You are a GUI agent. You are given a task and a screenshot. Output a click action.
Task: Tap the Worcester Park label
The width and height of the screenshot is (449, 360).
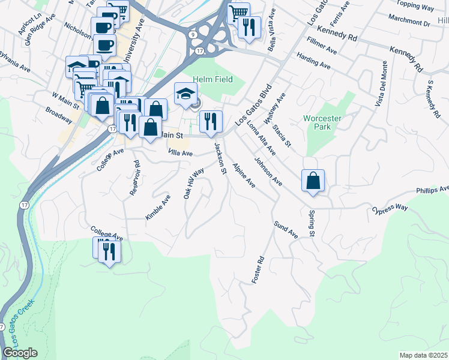pyautogui.click(x=322, y=123)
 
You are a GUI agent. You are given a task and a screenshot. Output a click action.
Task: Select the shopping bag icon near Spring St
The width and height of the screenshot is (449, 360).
pyautogui.click(x=313, y=181)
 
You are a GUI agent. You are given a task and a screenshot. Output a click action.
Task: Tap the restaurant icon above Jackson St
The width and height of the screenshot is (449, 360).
pyautogui.click(x=211, y=122)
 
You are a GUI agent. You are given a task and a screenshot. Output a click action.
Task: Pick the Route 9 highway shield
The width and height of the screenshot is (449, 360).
pyautogui.click(x=191, y=35)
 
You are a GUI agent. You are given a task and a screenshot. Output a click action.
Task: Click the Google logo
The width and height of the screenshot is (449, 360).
pyautogui.click(x=20, y=353)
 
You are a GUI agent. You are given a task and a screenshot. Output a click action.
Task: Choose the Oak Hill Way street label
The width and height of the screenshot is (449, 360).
pyautogui.click(x=193, y=183)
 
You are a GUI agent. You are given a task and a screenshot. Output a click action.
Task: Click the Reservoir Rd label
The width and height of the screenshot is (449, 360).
pyautogui.click(x=135, y=178)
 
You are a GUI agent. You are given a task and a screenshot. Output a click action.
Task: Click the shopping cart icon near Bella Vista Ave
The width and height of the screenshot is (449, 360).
pyautogui.click(x=239, y=12)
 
